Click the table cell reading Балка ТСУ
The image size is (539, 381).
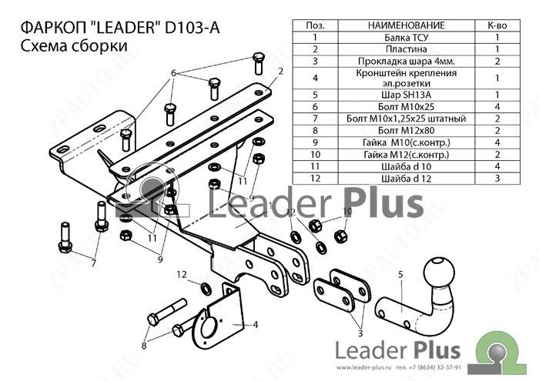(406, 37)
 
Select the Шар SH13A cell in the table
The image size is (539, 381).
(406, 95)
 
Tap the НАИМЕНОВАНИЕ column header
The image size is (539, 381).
(406, 25)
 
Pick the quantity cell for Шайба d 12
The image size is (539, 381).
(497, 179)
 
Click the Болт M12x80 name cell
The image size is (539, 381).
(406, 131)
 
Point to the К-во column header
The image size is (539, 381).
(497, 25)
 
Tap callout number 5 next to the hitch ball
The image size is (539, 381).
(400, 275)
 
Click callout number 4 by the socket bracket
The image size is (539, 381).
(256, 324)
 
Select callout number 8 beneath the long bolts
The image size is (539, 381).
(144, 345)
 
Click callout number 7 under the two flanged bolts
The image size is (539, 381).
(93, 263)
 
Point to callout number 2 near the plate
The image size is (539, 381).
(281, 72)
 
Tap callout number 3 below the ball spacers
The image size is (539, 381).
(360, 333)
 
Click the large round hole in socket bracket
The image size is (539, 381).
(209, 327)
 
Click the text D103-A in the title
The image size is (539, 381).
(192, 28)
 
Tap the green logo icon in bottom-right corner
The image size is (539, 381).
(501, 353)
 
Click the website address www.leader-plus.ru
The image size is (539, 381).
(364, 368)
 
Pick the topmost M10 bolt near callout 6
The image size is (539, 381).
(259, 63)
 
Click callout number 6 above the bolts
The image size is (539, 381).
(173, 73)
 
